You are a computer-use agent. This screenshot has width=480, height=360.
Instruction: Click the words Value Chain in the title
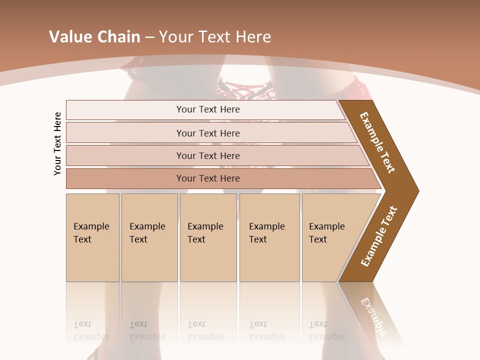click(94, 37)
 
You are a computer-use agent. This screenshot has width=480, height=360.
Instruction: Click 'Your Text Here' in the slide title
click(215, 37)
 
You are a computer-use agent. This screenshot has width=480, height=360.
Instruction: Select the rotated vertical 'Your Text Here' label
click(58, 143)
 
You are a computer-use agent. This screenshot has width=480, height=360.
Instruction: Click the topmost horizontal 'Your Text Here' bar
click(207, 109)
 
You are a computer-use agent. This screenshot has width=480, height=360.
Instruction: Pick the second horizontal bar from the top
click(207, 133)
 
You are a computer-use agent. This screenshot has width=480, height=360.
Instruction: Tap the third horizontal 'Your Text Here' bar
click(207, 155)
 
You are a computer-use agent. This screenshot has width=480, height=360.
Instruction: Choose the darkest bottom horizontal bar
click(207, 178)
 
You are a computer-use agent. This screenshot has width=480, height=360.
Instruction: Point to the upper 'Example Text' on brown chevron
click(377, 142)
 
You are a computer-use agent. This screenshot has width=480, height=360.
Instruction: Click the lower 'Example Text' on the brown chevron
click(378, 236)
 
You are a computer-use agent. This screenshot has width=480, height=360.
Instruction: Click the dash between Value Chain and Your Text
click(149, 37)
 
